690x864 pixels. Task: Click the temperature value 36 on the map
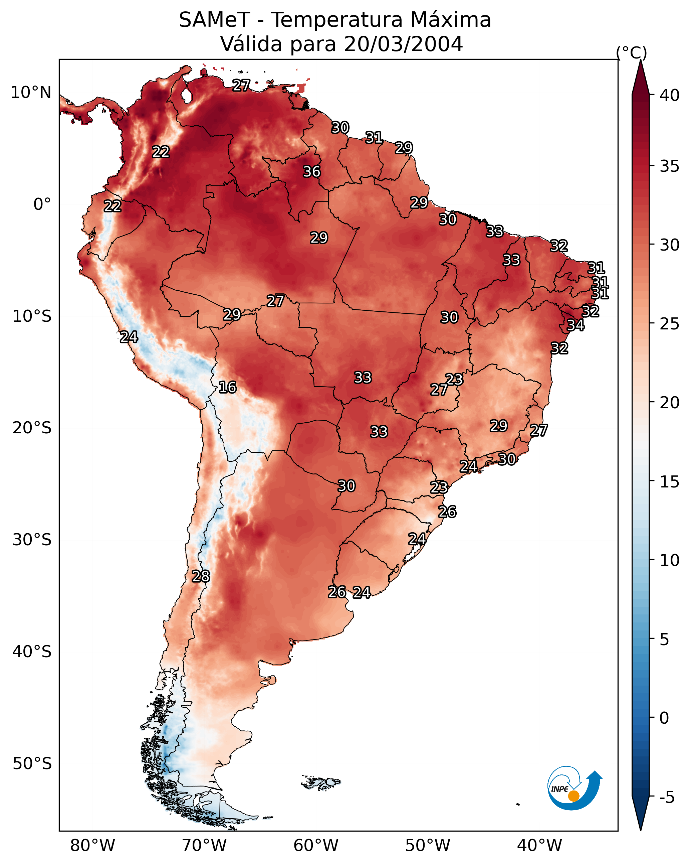[x=311, y=171]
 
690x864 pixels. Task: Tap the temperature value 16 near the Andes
[x=227, y=387]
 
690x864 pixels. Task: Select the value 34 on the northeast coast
[x=576, y=325]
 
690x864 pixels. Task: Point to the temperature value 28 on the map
[x=201, y=576]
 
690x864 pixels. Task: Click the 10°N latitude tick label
[x=31, y=93]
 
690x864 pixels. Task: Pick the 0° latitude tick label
[x=42, y=204]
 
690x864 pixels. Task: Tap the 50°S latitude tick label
[x=32, y=763]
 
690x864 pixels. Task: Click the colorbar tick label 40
[x=670, y=95]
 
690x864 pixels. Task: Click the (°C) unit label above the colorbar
[x=632, y=52]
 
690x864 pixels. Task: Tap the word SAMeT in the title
[x=214, y=20]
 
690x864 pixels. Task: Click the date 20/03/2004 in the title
[x=403, y=44]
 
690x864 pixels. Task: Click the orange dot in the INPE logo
[x=573, y=796]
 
